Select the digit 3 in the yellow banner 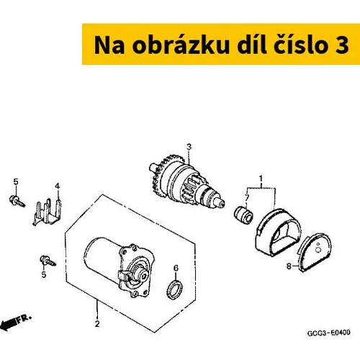point(342,45)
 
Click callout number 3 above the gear point(189,147)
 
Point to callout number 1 point(261,179)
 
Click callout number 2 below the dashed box point(97,324)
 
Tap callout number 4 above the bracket point(57,186)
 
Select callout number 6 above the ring point(176,268)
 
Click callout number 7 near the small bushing point(247,198)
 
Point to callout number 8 point(289,266)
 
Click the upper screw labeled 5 point(17,201)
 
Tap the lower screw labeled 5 point(48,261)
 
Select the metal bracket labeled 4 point(47,212)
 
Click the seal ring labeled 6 point(174,289)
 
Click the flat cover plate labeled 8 point(314,252)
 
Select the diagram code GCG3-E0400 point(328,333)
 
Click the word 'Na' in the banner point(109,45)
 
